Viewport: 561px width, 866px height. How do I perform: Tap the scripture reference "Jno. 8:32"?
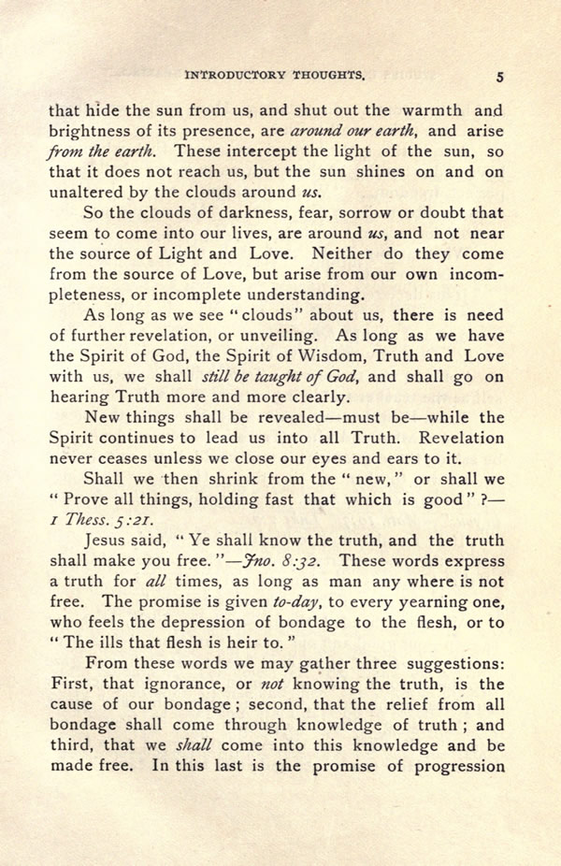[x=290, y=562]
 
